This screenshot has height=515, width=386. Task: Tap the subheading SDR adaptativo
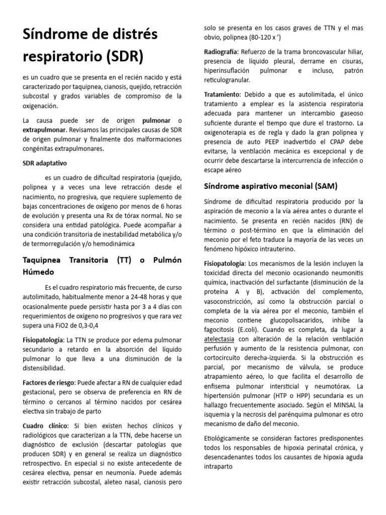click(45, 163)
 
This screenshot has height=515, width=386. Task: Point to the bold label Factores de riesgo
click(48, 383)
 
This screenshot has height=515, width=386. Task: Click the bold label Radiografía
click(221, 52)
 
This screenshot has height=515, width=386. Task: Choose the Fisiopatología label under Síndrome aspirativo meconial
click(225, 264)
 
